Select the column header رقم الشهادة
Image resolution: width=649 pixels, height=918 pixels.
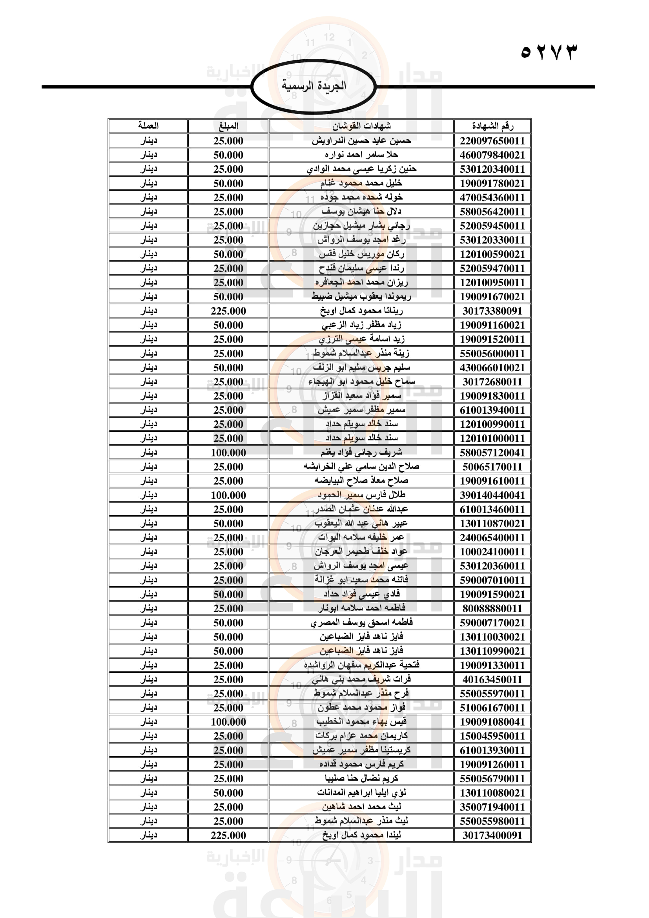pos(492,126)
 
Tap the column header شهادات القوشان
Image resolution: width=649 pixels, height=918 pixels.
pos(361,126)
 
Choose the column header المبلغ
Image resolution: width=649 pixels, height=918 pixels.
pos(228,126)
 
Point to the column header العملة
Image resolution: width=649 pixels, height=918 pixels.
pos(148,126)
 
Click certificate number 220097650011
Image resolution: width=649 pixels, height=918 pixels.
pos(492,141)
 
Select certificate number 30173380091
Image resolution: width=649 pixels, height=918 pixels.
pos(492,311)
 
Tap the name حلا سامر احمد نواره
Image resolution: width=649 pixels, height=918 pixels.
pos(361,155)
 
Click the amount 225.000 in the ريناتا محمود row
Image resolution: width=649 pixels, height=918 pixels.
pos(228,311)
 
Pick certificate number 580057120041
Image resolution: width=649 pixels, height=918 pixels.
pos(492,453)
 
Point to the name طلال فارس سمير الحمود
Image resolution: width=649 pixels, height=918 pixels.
pos(361,495)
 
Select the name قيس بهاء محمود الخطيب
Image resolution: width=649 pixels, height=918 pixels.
pos(361,722)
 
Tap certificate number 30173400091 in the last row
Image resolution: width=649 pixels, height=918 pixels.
pos(492,835)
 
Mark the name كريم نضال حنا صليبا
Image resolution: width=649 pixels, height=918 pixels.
pos(361,778)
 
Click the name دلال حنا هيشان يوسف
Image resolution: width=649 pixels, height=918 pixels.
pos(361,212)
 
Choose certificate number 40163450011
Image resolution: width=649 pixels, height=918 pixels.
pos(492,679)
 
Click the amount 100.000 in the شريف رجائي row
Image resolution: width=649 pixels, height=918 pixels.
pos(228,453)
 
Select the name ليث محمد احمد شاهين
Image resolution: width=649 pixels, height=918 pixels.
pos(361,807)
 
